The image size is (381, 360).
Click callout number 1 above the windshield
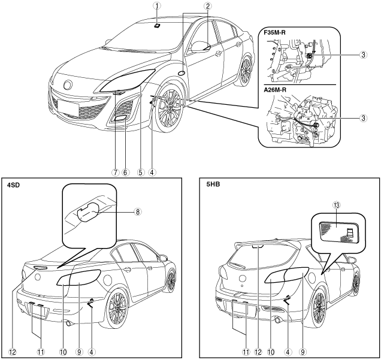coord(156,7)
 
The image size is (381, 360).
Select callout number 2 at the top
coord(207,7)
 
